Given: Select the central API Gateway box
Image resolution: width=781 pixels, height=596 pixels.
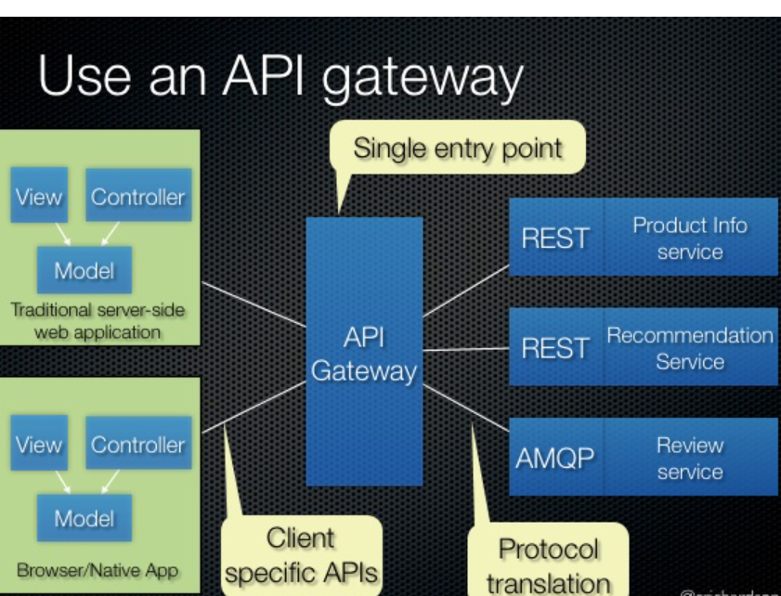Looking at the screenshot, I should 364,353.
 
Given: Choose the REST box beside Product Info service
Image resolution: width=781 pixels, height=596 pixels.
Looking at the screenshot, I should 555,239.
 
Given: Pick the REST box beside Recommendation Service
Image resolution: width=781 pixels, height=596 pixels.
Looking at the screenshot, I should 555,348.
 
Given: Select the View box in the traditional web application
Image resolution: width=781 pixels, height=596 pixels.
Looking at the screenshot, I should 39,197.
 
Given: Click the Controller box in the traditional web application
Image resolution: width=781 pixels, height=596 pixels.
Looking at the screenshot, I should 137,197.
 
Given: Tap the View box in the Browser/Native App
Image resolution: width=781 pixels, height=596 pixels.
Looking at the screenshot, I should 39,445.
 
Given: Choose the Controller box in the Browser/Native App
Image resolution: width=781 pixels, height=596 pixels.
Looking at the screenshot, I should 137,445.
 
